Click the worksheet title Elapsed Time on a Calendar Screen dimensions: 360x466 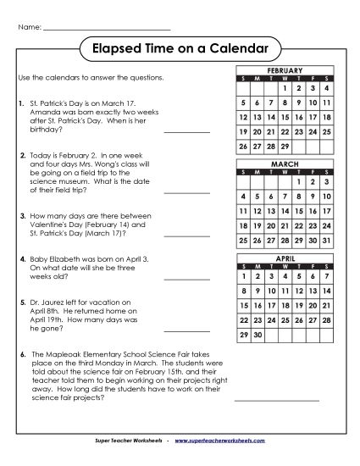pos(180,48)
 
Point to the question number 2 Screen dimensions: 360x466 pos(21,157)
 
